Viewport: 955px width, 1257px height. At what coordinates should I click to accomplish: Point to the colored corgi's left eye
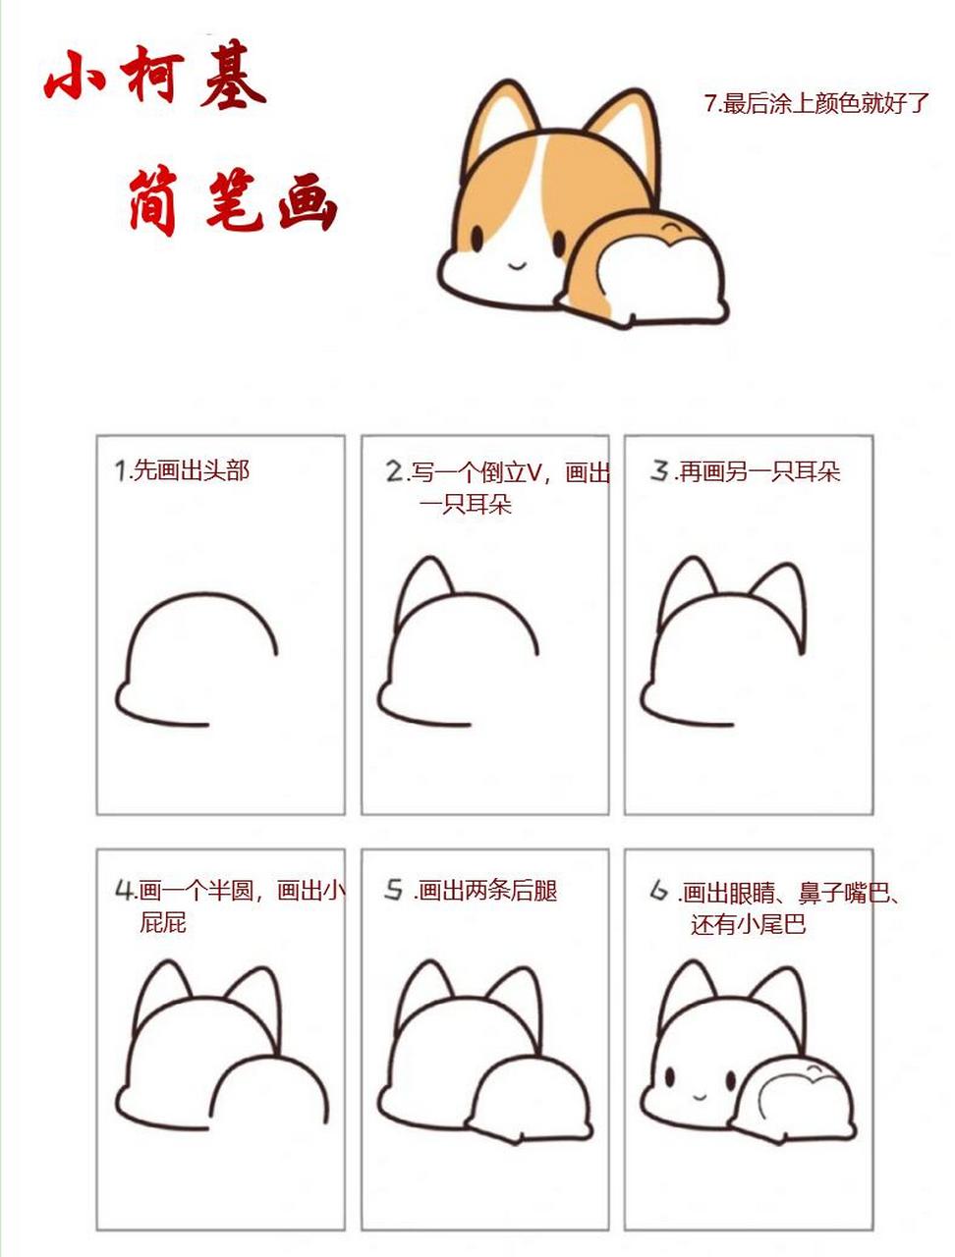[477, 239]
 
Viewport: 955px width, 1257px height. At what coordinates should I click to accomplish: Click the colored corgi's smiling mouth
[517, 262]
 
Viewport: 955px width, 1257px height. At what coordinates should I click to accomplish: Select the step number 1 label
[122, 470]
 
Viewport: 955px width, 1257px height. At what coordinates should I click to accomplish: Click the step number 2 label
[395, 472]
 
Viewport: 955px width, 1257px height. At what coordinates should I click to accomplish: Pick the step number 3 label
[659, 471]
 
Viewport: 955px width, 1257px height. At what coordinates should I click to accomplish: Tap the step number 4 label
[124, 890]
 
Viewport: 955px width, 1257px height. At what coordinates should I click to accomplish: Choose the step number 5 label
[394, 890]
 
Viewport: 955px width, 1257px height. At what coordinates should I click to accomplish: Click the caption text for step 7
[815, 103]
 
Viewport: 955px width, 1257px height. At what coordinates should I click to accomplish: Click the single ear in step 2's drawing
[424, 584]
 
